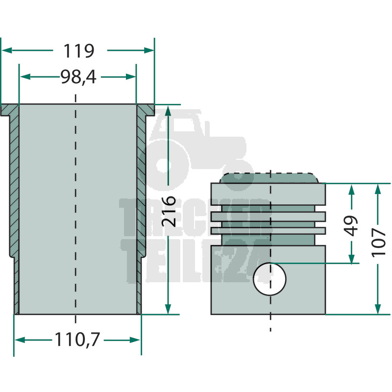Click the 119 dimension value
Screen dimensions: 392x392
79,51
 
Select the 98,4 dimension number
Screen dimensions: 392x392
78,77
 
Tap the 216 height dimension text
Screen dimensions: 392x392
169,212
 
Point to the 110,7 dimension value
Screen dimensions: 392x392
77,340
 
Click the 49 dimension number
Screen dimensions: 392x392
351,226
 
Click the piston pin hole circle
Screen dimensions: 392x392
269,279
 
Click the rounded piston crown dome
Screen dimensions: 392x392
269,178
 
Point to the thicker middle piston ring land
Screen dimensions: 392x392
268,217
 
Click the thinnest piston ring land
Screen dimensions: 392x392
268,231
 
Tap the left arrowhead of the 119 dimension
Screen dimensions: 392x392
7,50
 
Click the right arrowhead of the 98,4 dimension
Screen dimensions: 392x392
131,77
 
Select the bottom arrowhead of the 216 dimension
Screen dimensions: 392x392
168,309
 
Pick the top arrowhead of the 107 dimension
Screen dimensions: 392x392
378,189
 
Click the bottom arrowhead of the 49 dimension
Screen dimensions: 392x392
351,259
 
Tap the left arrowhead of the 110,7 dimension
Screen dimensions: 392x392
20,340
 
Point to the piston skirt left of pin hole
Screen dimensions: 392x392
232,280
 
